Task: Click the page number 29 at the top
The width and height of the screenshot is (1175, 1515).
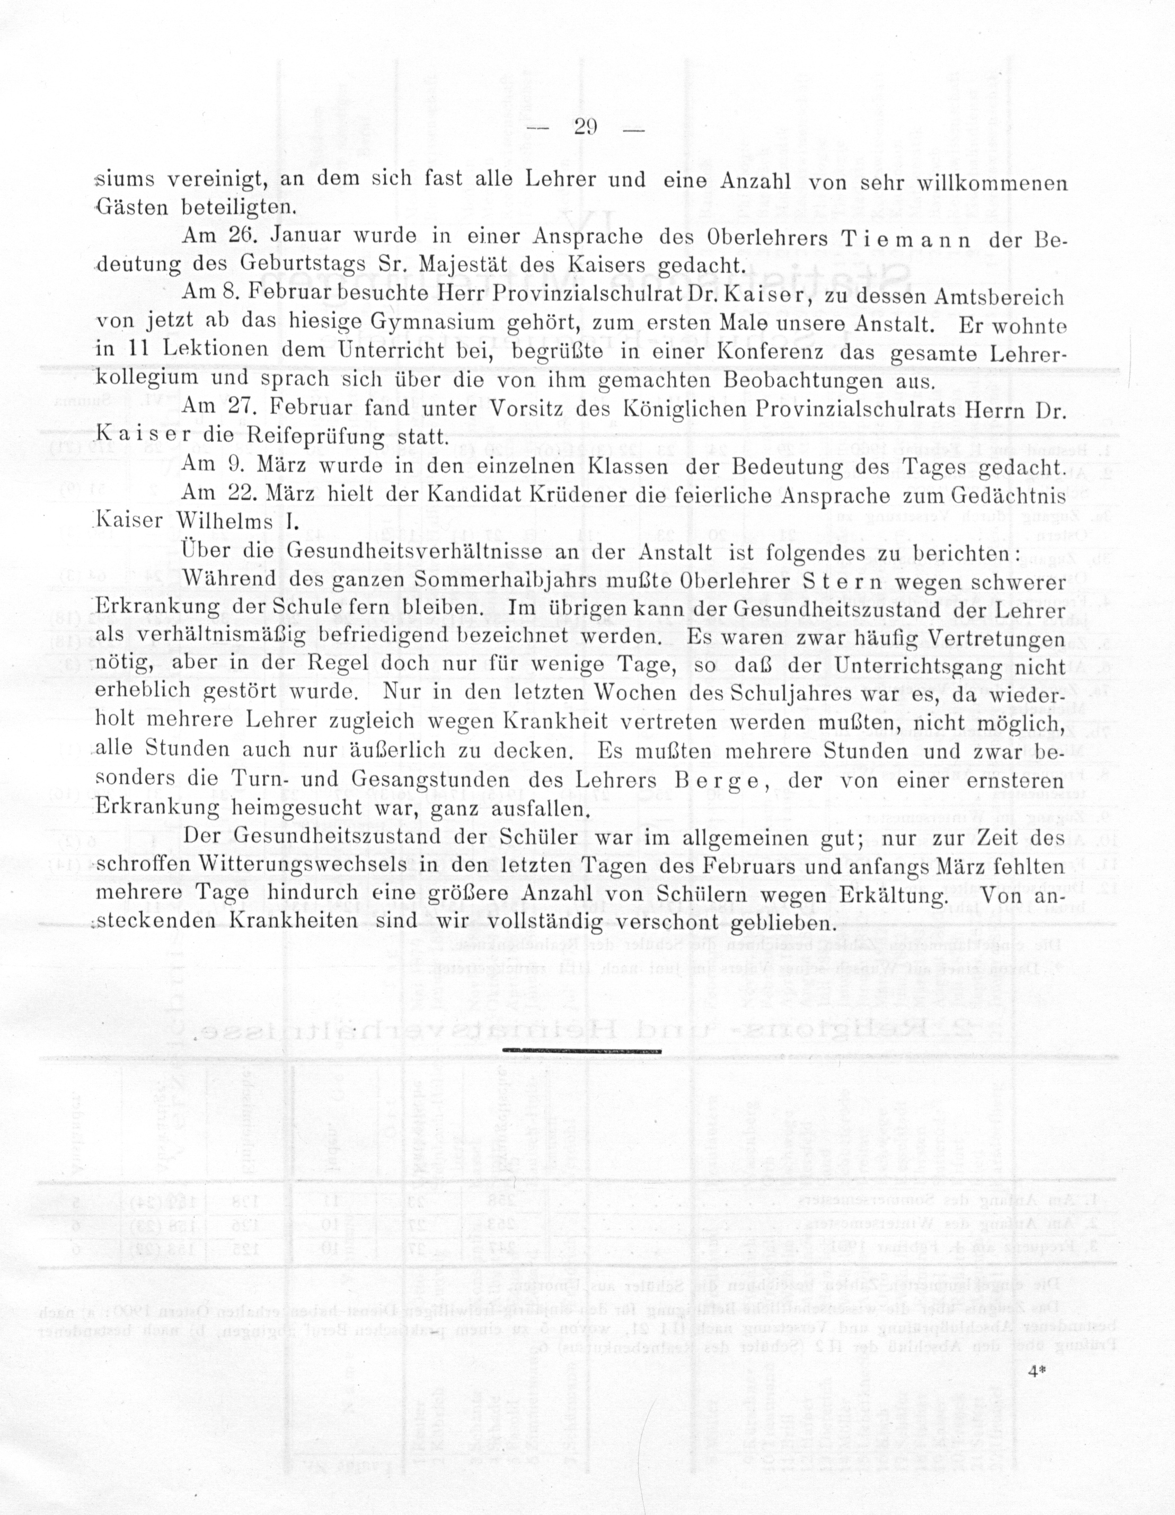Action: click(x=586, y=127)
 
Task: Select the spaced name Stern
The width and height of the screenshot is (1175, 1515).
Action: click(x=841, y=581)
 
